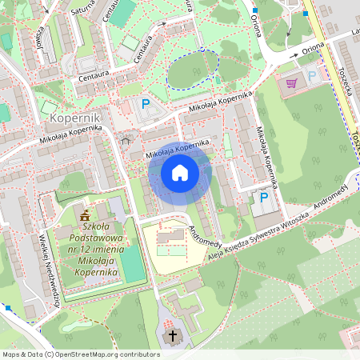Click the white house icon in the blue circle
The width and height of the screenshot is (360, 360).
pos(180,172)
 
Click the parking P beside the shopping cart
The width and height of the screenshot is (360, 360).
pos(312,75)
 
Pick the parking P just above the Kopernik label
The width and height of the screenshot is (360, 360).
pos(146,103)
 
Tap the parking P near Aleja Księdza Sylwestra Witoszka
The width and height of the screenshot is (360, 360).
pos(263,197)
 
